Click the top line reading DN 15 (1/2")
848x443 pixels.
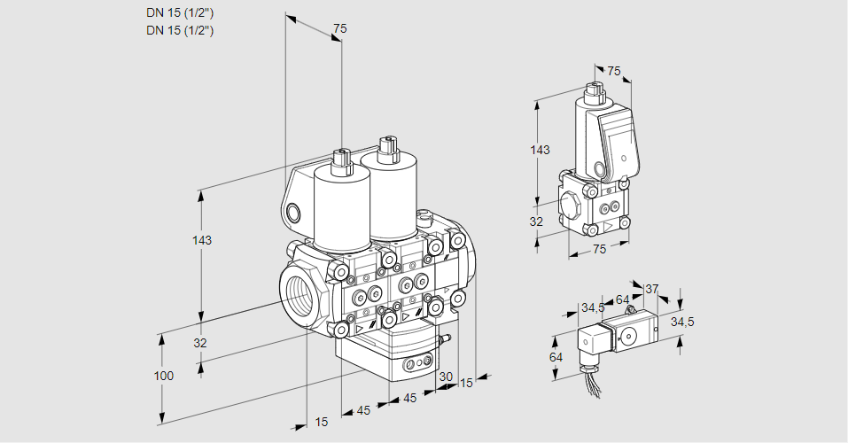(x=180, y=12)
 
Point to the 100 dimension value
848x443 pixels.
(x=164, y=376)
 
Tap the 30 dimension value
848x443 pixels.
(x=446, y=377)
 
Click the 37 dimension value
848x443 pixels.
(x=651, y=289)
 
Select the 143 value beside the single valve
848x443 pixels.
(x=540, y=150)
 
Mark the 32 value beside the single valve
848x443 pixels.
(x=536, y=221)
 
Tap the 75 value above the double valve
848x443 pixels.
(x=339, y=29)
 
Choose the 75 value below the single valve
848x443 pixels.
(x=598, y=250)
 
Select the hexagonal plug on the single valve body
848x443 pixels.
(x=572, y=207)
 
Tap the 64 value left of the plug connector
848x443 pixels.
(x=556, y=357)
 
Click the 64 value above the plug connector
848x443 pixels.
(x=622, y=299)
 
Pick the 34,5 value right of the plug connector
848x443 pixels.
(x=681, y=322)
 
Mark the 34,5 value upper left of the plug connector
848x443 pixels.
(x=593, y=307)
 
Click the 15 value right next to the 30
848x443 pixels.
(x=466, y=383)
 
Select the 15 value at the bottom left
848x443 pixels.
(x=321, y=422)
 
